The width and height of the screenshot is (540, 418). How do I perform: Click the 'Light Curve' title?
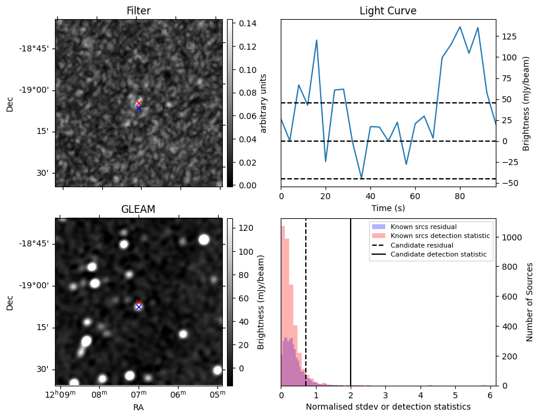(388, 11)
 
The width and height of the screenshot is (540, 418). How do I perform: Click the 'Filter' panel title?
(139, 11)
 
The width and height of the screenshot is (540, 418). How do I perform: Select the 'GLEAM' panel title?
(138, 209)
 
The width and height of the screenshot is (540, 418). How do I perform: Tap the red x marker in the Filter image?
(139, 103)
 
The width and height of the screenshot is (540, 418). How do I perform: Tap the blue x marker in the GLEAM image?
(139, 307)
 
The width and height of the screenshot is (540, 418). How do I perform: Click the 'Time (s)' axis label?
(388, 207)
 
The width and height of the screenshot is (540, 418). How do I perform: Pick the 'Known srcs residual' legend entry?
(422, 227)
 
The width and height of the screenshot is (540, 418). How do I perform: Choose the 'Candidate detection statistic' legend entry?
(438, 255)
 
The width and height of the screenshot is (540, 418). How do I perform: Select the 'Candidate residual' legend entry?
(421, 246)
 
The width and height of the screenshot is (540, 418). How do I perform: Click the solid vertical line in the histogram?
(351, 311)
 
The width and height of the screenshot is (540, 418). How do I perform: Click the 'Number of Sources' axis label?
(530, 302)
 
